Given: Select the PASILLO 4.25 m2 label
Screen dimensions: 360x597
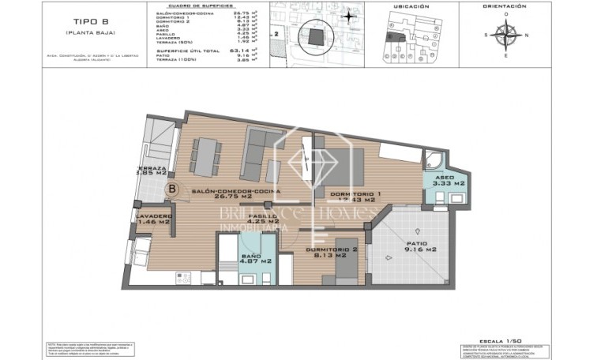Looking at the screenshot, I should [263, 219].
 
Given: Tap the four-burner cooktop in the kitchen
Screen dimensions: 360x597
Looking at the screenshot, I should [184, 277].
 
